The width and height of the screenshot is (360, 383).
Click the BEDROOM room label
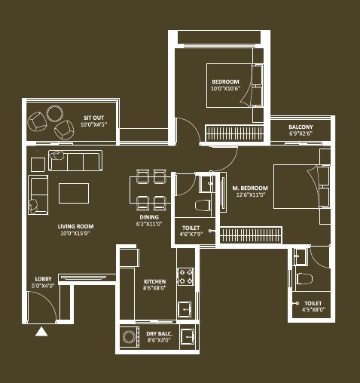[225, 81]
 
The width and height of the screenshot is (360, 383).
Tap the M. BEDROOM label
[250, 188]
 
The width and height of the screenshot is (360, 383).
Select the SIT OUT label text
[93, 118]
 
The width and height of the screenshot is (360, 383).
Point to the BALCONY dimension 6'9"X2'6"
[301, 133]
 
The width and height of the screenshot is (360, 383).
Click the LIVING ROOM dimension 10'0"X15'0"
[75, 233]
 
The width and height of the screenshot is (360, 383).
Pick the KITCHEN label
[154, 281]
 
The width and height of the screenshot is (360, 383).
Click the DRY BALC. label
[159, 334]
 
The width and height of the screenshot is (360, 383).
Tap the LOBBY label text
[43, 279]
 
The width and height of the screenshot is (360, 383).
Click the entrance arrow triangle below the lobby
[41, 332]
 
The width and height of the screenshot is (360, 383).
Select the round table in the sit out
[55, 113]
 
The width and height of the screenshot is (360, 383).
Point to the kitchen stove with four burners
[186, 277]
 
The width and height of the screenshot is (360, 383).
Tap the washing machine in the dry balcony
[130, 337]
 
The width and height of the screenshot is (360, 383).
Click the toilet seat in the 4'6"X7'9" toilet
[203, 205]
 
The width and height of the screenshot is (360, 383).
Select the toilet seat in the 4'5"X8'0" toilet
[304, 279]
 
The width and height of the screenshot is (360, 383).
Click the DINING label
[149, 217]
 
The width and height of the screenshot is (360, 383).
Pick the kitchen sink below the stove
[185, 309]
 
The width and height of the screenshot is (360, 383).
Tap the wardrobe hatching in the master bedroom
[251, 235]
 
